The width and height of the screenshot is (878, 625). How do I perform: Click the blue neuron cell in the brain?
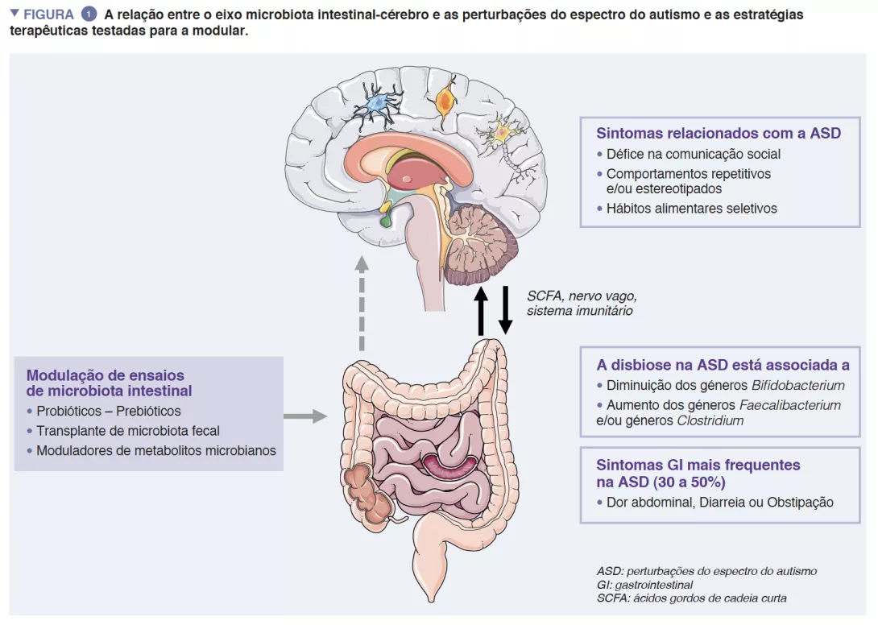pyautogui.click(x=376, y=104)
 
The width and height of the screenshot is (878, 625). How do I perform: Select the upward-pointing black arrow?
pyautogui.click(x=481, y=309)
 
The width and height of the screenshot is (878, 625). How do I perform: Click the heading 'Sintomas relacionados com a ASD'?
pyautogui.click(x=718, y=133)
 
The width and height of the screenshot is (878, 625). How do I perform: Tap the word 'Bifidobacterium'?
pyautogui.click(x=797, y=385)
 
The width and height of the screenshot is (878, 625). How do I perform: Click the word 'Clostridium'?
pyautogui.click(x=710, y=420)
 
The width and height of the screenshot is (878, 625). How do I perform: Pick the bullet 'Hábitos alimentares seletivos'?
pyautogui.click(x=691, y=208)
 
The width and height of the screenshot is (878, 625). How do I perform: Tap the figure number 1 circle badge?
pyautogui.click(x=89, y=14)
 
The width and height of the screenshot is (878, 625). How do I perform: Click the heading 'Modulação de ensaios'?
pyautogui.click(x=106, y=375)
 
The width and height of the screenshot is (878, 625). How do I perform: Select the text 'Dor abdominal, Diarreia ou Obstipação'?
pyautogui.click(x=719, y=502)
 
